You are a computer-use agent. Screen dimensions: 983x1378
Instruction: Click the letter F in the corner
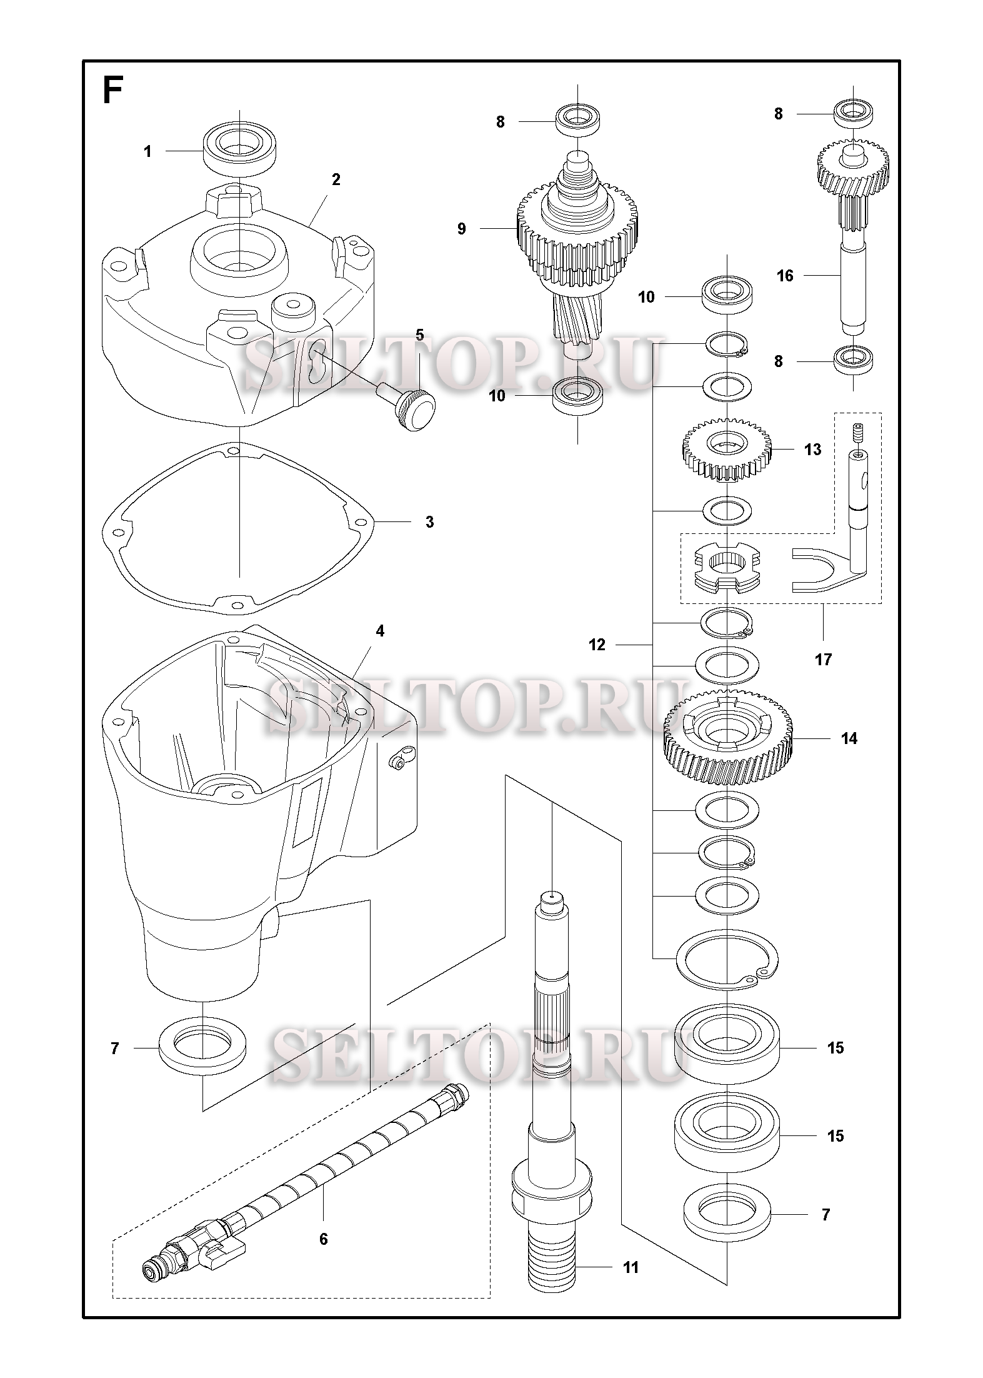(112, 91)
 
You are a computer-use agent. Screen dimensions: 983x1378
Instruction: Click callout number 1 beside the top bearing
(147, 151)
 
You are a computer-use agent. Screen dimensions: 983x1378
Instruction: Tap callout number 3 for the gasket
(429, 521)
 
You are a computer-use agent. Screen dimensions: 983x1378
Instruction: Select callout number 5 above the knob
(419, 335)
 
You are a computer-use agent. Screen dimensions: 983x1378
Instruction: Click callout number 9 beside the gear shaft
(461, 229)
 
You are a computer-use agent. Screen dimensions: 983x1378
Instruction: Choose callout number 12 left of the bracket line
(597, 645)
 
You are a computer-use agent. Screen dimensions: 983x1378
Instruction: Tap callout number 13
(812, 449)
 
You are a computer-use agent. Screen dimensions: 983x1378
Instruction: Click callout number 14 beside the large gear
(849, 738)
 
